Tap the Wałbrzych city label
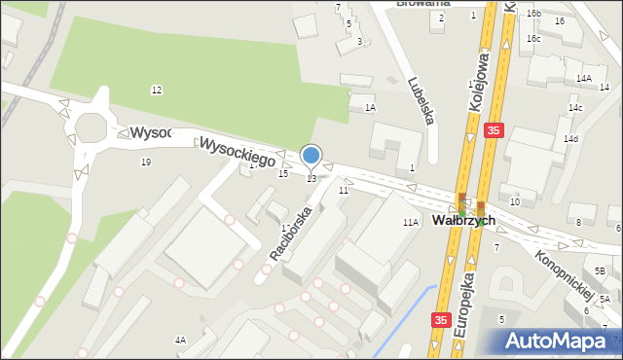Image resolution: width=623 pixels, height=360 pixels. coord(464,221)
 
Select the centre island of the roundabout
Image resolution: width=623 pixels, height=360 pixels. coord(93,127)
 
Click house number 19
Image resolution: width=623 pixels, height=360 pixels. coord(146,162)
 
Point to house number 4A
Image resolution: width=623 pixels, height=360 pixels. coord(180,340)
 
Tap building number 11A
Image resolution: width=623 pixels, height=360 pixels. coord(411,223)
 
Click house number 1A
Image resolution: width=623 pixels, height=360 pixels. coord(370,108)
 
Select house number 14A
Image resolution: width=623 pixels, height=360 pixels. coord(583,78)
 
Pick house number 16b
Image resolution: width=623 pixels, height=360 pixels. coord(533,14)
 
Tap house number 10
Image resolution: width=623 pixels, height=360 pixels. coord(514,201)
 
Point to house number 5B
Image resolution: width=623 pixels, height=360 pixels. coord(601,270)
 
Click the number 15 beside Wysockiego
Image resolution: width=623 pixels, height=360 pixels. coord(282,173)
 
